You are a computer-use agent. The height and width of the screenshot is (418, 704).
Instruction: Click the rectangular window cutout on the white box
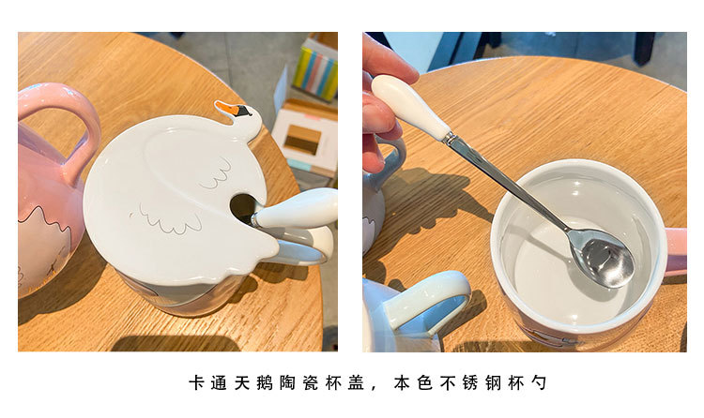(302, 142)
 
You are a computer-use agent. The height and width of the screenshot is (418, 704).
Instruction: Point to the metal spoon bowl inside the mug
(601, 257)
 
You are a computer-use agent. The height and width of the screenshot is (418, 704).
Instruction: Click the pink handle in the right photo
(675, 249)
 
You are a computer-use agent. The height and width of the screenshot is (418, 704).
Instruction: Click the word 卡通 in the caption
(206, 383)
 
